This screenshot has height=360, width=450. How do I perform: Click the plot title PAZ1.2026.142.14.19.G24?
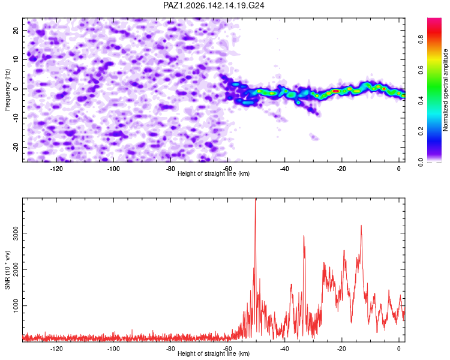point(214,5)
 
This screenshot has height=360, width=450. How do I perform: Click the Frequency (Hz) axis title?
point(7,90)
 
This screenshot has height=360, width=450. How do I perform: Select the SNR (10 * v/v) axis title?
point(7,270)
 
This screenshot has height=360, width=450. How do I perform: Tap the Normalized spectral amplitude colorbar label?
point(445,90)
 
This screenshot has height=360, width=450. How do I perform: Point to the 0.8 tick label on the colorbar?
point(421,39)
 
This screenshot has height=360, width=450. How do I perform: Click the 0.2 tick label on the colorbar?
point(421,131)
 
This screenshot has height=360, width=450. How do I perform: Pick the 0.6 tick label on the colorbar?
point(421,70)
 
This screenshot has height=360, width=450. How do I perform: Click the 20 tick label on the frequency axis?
point(16,31)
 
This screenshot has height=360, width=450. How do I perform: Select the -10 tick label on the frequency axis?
point(16,118)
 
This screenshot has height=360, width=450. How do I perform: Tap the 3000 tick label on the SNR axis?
point(16,233)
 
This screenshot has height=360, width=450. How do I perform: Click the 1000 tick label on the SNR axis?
point(16,306)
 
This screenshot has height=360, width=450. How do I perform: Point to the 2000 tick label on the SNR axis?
point(16,269)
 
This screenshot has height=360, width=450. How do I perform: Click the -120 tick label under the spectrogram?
point(56,169)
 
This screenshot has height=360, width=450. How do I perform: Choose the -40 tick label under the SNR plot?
point(284,349)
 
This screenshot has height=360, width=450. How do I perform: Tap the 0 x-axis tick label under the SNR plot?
point(398,349)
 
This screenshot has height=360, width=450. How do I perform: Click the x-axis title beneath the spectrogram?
point(214,173)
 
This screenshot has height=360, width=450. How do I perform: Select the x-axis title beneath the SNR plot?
point(214,353)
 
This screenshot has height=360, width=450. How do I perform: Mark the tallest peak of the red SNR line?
point(256,199)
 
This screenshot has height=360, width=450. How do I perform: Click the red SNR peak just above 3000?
point(361,226)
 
